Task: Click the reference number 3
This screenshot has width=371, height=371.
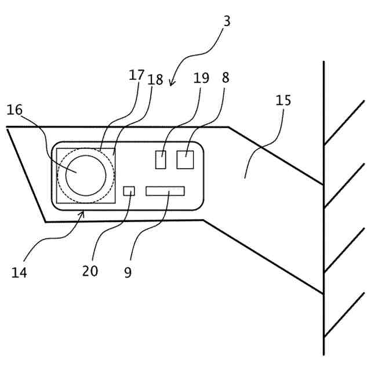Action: click(227, 21)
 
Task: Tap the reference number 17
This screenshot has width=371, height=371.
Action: click(136, 75)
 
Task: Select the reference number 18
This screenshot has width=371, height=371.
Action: click(155, 79)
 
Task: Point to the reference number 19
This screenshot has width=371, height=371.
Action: click(201, 78)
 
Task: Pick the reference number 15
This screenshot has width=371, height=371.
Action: click(283, 100)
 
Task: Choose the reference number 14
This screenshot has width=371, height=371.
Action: click(19, 271)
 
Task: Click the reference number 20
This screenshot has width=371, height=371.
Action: click(90, 270)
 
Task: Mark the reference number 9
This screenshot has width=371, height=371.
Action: click(128, 271)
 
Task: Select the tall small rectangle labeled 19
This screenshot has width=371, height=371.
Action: click(161, 159)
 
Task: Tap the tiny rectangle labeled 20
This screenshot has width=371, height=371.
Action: click(129, 191)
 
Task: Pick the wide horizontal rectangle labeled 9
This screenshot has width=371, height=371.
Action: click(165, 191)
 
